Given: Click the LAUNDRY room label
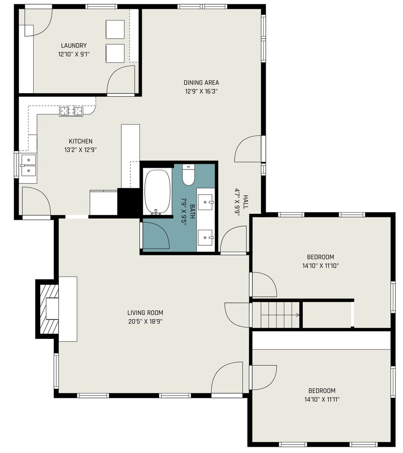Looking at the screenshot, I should [x=73, y=45].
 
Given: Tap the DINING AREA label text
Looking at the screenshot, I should [x=201, y=83].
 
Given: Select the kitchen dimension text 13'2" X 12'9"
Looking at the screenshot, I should [x=81, y=150].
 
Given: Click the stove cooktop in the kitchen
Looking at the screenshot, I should [x=71, y=111].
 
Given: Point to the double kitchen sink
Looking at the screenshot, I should [x=29, y=165].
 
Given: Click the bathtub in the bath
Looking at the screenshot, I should [x=157, y=191].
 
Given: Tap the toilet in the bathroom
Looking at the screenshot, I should [x=188, y=175].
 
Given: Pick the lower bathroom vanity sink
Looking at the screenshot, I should [x=205, y=237].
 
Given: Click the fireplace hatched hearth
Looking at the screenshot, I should [x=49, y=309].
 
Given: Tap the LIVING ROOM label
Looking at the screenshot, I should [x=145, y=312].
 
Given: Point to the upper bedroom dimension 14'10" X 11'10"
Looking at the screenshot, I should [x=320, y=266].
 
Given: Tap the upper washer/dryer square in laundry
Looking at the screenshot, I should [x=115, y=29].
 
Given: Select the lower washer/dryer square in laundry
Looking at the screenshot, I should [x=115, y=53].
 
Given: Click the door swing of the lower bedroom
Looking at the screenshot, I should [x=264, y=377].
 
